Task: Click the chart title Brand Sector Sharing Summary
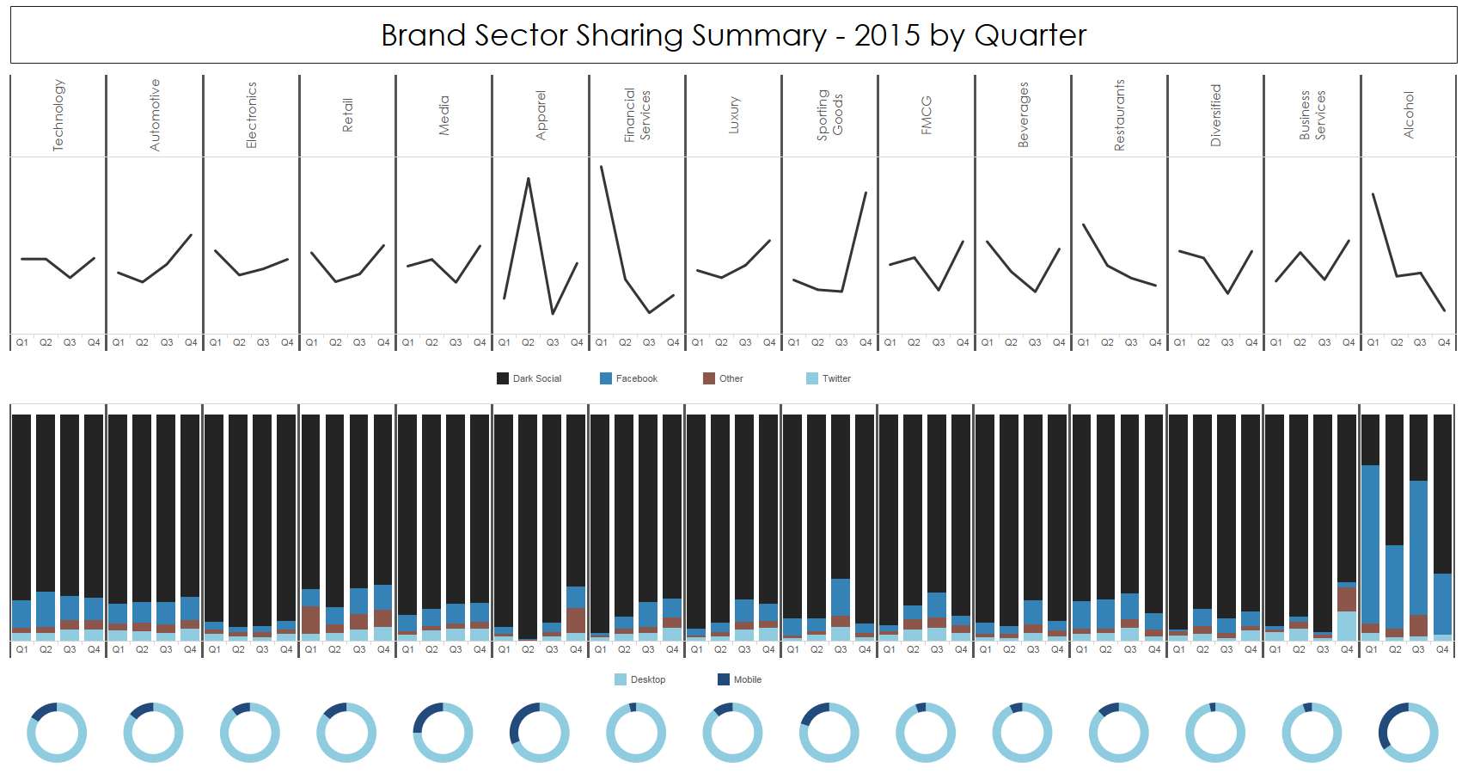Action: [733, 35]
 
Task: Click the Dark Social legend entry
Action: [529, 378]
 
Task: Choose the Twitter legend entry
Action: [829, 378]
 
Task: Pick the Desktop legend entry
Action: [640, 679]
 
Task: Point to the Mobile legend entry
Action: [740, 679]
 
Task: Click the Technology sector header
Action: [58, 115]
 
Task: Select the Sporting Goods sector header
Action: [830, 115]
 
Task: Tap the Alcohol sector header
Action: [1409, 115]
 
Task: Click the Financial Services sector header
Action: [637, 115]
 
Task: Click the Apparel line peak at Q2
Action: [529, 179]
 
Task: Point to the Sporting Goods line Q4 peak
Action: [866, 193]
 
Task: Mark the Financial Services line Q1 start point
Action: [602, 167]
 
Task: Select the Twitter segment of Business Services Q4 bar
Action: [1347, 625]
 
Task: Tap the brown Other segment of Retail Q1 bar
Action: [311, 620]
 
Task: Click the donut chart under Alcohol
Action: [1409, 733]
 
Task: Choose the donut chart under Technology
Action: [57, 733]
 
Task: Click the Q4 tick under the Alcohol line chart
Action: [1444, 342]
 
